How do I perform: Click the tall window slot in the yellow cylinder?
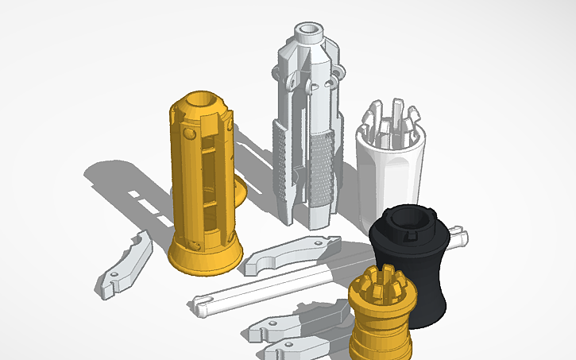pyautogui.click(x=208, y=183)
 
